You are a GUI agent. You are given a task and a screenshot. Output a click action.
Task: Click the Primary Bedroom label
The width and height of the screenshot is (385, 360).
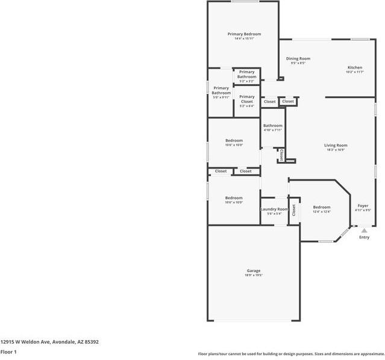click(243, 34)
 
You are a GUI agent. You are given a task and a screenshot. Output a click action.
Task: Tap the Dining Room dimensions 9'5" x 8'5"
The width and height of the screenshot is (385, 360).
click(298, 63)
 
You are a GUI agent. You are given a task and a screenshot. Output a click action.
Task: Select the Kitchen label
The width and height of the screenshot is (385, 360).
click(354, 67)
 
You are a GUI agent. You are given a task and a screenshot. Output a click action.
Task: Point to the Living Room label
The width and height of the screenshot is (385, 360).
click(336, 145)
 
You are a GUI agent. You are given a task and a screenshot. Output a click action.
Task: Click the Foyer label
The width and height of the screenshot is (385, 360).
click(363, 205)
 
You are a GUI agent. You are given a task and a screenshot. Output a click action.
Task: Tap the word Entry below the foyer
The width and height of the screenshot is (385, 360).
click(364, 237)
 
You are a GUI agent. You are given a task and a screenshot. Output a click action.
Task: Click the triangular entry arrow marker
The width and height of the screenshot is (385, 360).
click(363, 229)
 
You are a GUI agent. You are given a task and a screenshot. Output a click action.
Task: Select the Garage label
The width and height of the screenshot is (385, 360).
click(253, 270)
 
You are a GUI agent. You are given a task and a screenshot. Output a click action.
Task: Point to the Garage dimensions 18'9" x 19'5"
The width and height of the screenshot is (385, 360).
click(253, 275)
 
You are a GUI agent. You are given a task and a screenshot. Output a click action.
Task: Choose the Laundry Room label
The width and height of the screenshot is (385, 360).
click(274, 209)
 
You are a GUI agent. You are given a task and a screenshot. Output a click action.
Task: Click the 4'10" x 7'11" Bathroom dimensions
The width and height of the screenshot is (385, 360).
click(272, 130)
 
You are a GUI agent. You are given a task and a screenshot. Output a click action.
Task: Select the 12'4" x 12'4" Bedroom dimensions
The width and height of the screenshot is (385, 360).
click(321, 212)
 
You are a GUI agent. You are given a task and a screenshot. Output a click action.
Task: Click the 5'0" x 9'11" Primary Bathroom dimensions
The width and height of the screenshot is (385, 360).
click(221, 98)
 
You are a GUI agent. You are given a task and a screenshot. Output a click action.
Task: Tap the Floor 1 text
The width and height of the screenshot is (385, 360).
click(8, 352)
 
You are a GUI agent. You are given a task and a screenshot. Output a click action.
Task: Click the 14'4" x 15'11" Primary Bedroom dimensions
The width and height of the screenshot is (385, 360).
click(243, 39)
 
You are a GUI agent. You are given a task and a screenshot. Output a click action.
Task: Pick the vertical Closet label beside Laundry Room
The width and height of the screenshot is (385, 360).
click(294, 210)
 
